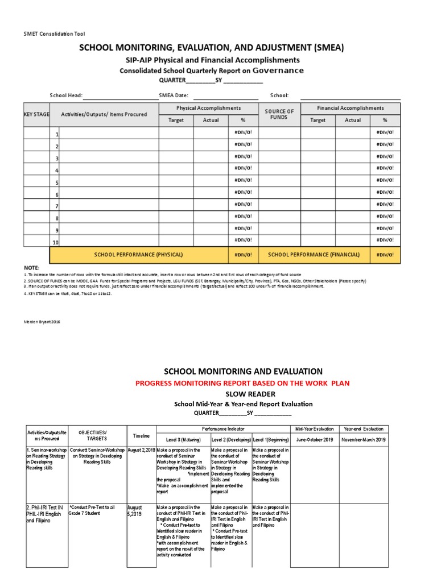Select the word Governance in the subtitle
pos(278,70)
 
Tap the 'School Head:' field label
pos(66,96)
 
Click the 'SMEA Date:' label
pos(174,96)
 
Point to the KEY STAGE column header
pos(36,114)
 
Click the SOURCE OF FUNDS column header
pos(279,114)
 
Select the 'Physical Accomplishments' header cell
pos(208,108)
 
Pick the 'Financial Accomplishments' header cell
pos(351,108)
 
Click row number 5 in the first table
pos(56,183)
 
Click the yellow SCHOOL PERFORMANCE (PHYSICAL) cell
pos(138,255)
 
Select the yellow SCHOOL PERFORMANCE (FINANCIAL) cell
pos(314,255)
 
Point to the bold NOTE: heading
pos(31,268)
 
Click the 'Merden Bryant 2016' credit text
pos(42,322)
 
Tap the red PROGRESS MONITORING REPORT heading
pos(242,383)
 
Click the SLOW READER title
pos(242,394)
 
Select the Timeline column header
pos(141,436)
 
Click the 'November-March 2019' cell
pos(364,440)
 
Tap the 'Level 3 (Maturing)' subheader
pos(184,440)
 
